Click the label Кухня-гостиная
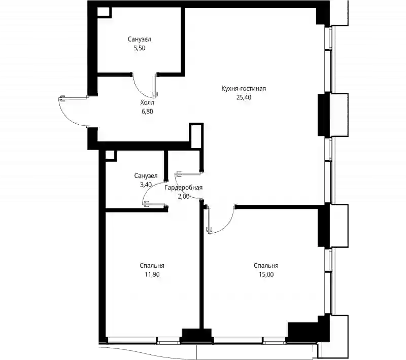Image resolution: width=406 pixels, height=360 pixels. pos(244,89)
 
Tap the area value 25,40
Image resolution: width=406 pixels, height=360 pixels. pos(244,97)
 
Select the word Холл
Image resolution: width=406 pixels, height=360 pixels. pos(147,102)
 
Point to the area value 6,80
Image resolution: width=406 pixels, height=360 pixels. pos(147,112)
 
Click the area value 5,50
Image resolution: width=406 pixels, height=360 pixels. pos(139,48)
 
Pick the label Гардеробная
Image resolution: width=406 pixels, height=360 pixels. pos(184,188)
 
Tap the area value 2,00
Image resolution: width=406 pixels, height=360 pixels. pos(184,197)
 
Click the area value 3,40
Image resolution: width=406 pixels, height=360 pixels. pos(146,185)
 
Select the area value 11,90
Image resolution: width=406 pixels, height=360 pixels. pos(152,274)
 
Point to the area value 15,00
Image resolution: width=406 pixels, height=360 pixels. pos(266,274)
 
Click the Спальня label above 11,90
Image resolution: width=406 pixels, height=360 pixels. pos(152,266)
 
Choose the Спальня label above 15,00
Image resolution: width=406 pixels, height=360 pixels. pos(266,266)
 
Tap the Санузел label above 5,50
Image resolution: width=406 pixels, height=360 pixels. pos(139,40)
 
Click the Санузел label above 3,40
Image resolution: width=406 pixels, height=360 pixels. pos(146,176)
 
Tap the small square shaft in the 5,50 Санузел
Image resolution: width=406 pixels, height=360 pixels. pos(104,12)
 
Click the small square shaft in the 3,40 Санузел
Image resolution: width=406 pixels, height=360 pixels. pos(110,156)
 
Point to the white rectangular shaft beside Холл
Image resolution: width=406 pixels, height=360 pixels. pos(196,136)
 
